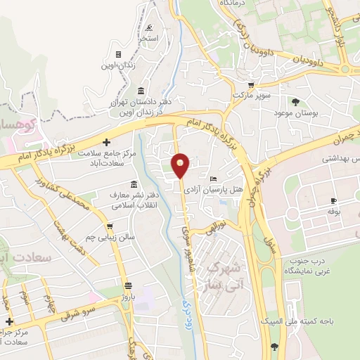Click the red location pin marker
coord(181,165)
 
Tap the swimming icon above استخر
coord(149,28)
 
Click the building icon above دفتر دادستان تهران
coord(141,92)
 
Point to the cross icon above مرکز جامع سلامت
coord(106,143)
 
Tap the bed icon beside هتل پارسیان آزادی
coord(214,179)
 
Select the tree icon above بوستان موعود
coord(295,101)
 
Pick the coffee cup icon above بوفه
coord(333,201)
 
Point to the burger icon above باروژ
coord(127,286)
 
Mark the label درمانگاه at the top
coord(236,4)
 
